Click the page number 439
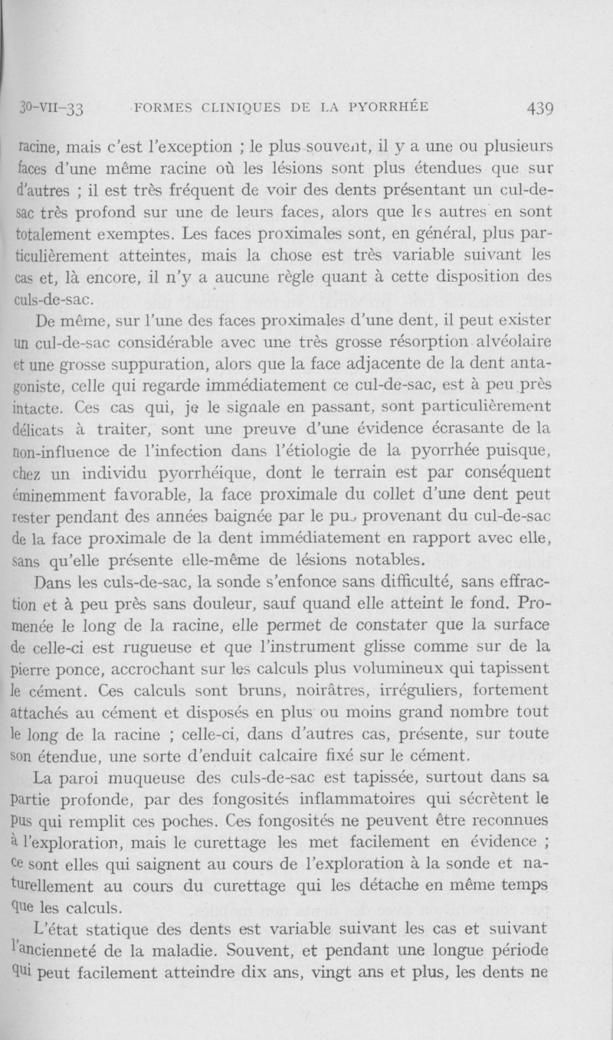tap(540, 107)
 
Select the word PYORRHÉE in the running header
tap(386, 106)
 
